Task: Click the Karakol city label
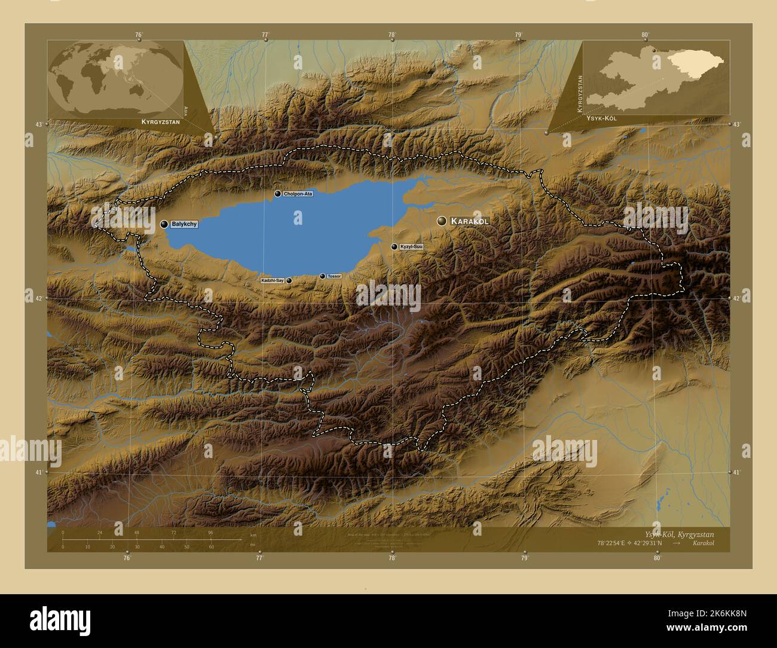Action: (x=470, y=221)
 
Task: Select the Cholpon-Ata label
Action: (x=298, y=194)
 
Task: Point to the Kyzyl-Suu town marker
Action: (x=394, y=246)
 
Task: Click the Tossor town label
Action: (x=334, y=276)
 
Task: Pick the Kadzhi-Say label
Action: (x=272, y=280)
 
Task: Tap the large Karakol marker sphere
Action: (x=442, y=221)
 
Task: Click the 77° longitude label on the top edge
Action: (x=265, y=35)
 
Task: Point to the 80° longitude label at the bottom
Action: (x=657, y=558)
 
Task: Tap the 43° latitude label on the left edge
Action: (x=39, y=124)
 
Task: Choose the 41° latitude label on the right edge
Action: (x=738, y=472)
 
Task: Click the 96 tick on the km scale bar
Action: (x=210, y=532)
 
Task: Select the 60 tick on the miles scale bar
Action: (x=211, y=546)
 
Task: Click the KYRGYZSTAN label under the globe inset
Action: (x=160, y=121)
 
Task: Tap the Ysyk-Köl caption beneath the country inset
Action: (x=601, y=118)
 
